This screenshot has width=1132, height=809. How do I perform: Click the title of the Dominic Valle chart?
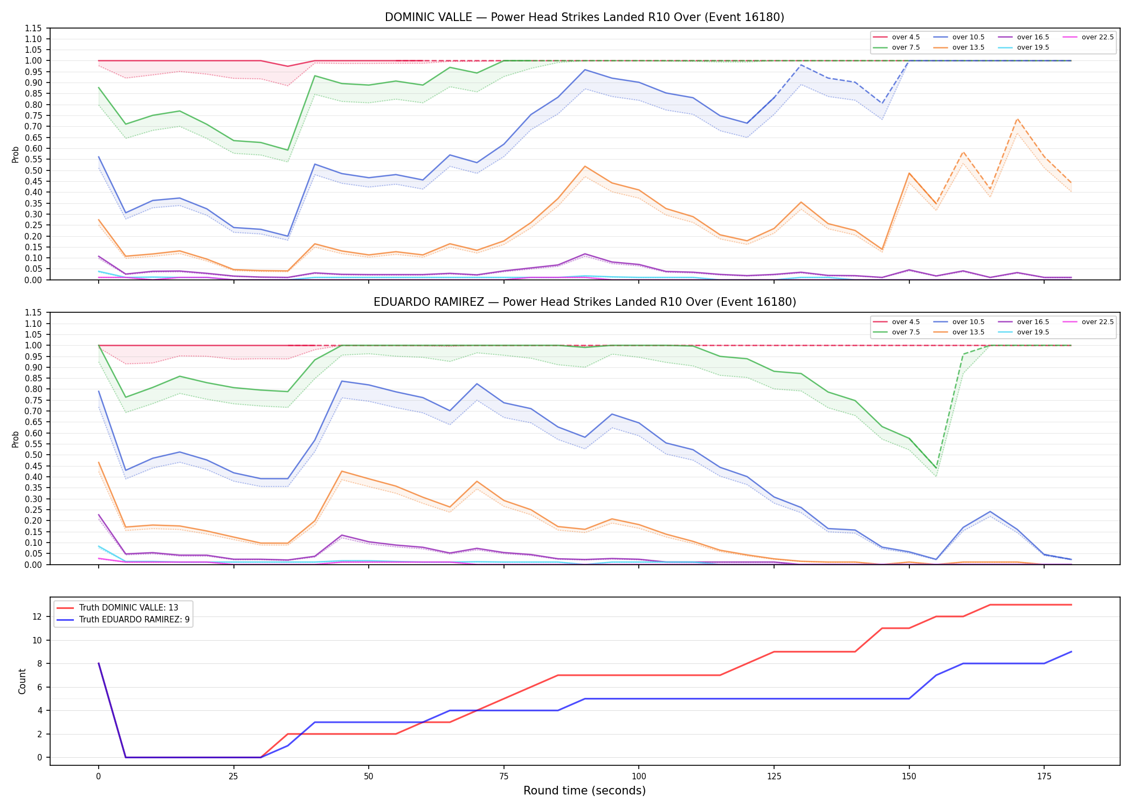[x=584, y=17]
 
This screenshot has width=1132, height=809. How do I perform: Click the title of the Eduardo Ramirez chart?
[x=584, y=302]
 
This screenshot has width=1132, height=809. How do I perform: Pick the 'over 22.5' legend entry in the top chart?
[x=1088, y=37]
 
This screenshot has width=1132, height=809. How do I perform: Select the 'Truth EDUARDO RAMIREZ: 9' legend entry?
[x=123, y=620]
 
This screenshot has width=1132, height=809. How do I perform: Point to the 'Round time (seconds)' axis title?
[x=584, y=791]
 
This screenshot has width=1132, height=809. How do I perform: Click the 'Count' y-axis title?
[x=22, y=681]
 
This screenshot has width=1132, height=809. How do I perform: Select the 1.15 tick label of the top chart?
[x=33, y=28]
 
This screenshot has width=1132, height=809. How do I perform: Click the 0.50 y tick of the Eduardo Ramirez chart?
[x=33, y=455]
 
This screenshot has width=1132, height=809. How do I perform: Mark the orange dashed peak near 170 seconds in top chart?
[x=1017, y=119]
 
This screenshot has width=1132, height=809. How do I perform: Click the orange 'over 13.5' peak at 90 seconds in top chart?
[x=585, y=166]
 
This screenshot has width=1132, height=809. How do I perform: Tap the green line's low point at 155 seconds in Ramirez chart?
[x=936, y=468]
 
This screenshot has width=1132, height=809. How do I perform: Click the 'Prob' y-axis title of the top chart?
[x=16, y=154]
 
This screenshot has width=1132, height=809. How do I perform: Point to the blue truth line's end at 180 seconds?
[x=1071, y=652]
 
